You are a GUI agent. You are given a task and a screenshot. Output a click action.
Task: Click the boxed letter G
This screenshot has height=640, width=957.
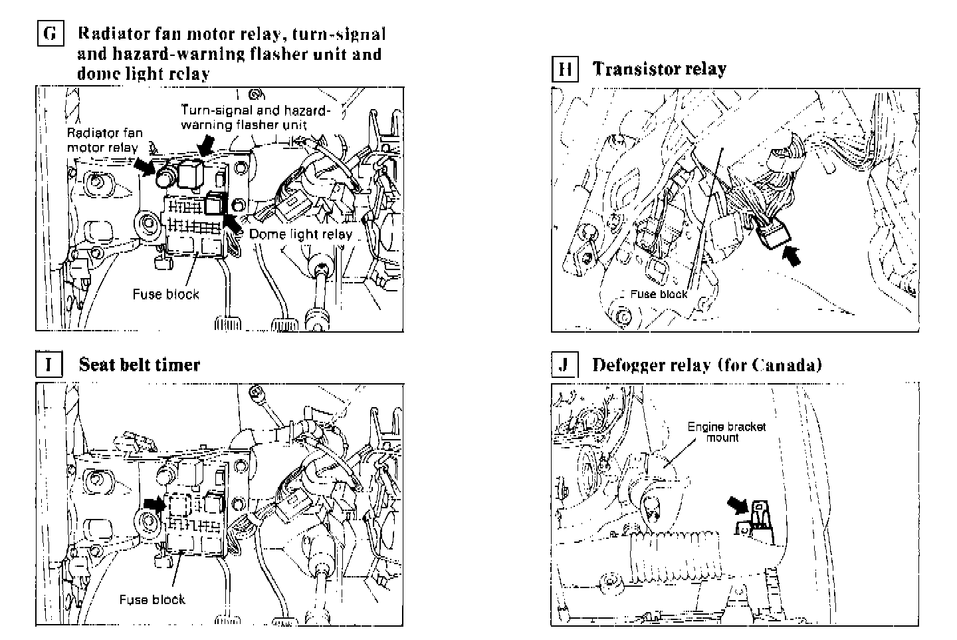pos(49,33)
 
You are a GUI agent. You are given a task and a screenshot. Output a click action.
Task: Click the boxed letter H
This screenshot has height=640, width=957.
pos(564,69)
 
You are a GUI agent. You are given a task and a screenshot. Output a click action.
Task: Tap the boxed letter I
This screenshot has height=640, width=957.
pos(49,365)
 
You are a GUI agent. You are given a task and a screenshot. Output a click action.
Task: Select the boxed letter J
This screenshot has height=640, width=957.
pos(564,365)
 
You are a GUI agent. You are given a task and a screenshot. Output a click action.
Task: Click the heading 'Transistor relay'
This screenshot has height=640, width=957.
pos(659,69)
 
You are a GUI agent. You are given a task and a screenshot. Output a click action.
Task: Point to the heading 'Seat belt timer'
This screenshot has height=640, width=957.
pos(139,365)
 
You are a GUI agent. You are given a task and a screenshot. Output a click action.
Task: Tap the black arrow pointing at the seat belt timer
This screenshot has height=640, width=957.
pos(154,504)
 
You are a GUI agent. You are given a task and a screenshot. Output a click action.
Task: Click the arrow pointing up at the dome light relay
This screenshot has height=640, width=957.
pos(233,222)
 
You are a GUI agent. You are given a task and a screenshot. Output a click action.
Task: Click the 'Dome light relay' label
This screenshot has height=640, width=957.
pos(300,234)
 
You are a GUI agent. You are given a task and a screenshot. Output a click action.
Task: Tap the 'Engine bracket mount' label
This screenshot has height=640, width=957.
pos(726,432)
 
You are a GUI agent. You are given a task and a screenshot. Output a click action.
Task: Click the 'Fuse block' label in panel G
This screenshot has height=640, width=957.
pos(165,294)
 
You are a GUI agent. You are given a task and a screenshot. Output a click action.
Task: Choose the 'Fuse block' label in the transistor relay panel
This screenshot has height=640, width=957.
pos(659,293)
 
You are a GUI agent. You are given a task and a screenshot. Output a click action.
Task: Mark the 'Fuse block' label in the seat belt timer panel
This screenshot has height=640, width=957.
pos(152,599)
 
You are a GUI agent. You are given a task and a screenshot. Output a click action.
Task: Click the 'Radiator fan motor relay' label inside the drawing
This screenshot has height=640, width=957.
pos(104,140)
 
